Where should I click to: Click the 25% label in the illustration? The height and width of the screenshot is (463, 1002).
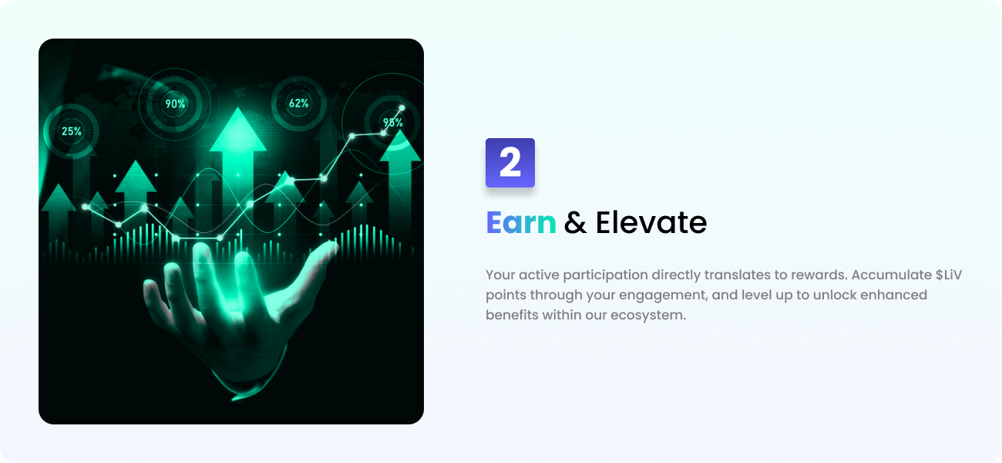[x=72, y=131]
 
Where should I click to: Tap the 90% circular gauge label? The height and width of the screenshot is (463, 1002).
[x=175, y=104]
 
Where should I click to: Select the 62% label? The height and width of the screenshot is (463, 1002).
[x=299, y=103]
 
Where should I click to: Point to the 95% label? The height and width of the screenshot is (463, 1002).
[x=393, y=122]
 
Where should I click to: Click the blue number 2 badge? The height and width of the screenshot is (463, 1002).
[x=510, y=163]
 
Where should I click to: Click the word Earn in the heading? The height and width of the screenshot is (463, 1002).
[x=521, y=222]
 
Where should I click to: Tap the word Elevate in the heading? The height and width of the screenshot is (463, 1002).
[x=651, y=222]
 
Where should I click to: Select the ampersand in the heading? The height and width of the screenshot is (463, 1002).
[x=575, y=222]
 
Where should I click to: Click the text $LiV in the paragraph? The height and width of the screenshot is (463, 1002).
[x=949, y=275]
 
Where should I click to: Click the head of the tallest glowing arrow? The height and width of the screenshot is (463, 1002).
[x=238, y=129]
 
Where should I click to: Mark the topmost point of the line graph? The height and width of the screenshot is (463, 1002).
[x=402, y=108]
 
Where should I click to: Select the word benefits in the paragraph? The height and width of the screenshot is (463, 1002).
[x=512, y=315]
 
